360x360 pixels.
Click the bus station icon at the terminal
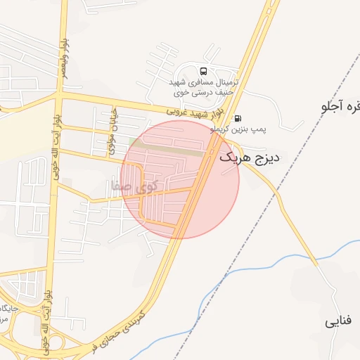tap(204, 71)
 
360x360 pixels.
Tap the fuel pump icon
tap(238, 118)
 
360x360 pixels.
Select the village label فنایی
tap(337, 323)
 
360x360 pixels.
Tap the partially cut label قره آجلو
tap(340, 107)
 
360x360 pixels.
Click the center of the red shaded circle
tap(180, 179)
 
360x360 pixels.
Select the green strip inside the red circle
tap(169, 146)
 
